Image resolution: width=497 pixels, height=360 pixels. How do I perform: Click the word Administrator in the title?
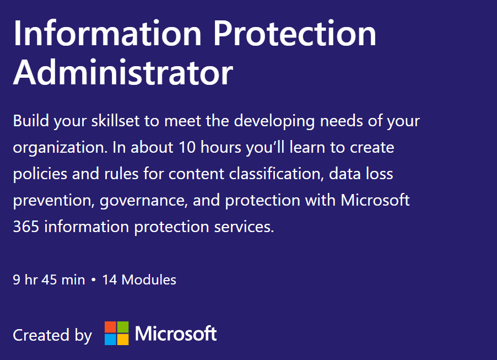123,72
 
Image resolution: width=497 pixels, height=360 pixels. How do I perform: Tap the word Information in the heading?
107,33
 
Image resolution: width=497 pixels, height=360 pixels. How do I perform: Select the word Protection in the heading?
295,33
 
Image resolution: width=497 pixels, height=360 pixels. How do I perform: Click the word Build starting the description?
31,121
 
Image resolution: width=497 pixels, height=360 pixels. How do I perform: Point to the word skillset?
116,121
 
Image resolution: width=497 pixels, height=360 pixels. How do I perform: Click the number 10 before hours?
187,148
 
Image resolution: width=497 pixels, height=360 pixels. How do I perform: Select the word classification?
276,174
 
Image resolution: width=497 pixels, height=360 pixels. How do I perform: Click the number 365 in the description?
26,227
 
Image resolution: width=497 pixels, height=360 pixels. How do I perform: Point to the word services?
244,227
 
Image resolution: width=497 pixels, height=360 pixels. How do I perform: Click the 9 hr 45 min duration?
49,280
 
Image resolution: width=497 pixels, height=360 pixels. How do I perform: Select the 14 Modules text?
139,280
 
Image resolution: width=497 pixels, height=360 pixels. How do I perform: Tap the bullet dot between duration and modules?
94,280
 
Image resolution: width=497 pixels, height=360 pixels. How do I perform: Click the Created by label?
52,336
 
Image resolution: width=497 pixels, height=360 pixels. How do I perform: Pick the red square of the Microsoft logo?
110,327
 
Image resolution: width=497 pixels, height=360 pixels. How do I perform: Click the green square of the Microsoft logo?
123,327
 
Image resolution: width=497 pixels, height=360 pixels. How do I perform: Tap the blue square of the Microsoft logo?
110,340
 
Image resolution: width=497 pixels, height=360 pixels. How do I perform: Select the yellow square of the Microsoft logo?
123,340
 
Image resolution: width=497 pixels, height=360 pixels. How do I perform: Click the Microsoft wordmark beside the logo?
176,334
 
